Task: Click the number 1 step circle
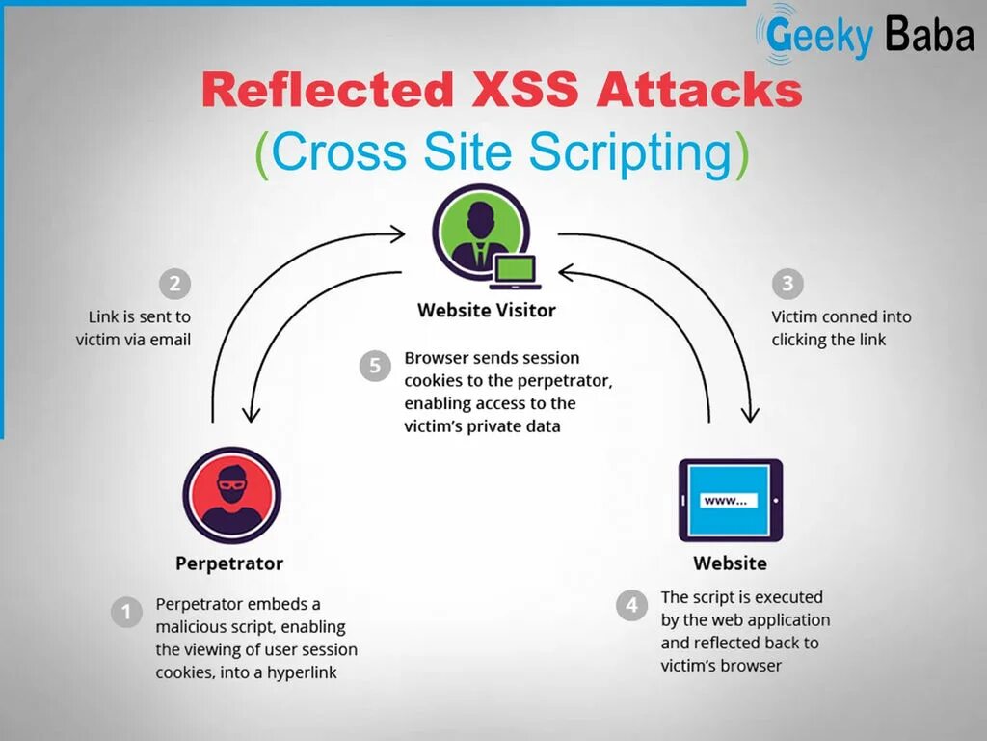[x=126, y=613]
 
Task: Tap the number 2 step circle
[x=174, y=284]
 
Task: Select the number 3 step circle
[x=788, y=284]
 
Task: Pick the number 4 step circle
[x=631, y=606]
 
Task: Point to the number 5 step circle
[x=375, y=366]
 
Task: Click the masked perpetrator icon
[x=231, y=495]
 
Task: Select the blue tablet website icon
[x=731, y=500]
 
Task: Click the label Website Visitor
[x=487, y=311]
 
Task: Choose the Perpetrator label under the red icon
[x=229, y=563]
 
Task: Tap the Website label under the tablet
[x=731, y=563]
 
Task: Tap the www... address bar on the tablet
[x=730, y=501]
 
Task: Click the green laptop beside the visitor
[x=515, y=270]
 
